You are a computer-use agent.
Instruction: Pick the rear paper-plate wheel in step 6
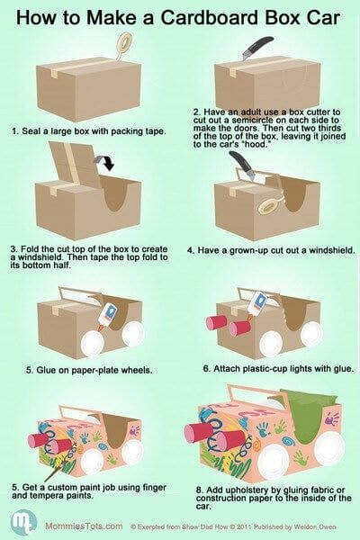[x=311, y=334]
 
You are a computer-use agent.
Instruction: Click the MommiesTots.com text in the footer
[x=84, y=526]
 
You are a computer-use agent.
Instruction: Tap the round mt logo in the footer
[x=23, y=523]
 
